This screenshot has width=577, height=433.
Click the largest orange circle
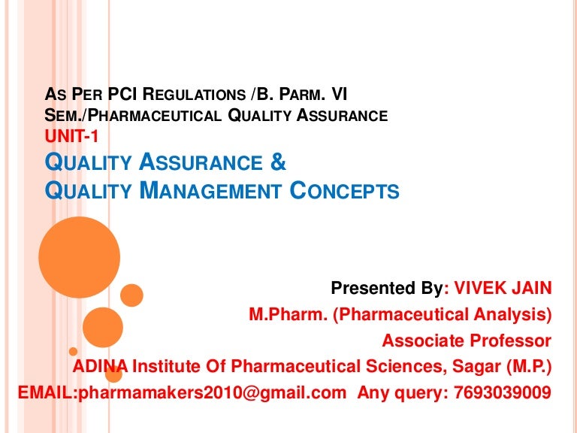click(80, 257)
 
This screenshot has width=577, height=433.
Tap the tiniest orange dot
click(73, 351)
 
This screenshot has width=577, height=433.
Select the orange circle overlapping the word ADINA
click(113, 374)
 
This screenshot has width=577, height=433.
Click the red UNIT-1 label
click(71, 137)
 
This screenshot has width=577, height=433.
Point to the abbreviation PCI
click(122, 94)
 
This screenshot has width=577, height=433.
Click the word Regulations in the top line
click(194, 94)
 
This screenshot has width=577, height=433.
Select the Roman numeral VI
click(339, 94)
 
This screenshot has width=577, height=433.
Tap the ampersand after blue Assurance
click(278, 162)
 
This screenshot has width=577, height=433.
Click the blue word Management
click(211, 190)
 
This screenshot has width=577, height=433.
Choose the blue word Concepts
click(344, 190)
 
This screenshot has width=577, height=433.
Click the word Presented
click(373, 288)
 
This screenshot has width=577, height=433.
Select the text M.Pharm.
click(288, 314)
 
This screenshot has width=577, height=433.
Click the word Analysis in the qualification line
click(510, 315)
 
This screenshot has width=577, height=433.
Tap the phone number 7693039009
click(503, 392)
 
